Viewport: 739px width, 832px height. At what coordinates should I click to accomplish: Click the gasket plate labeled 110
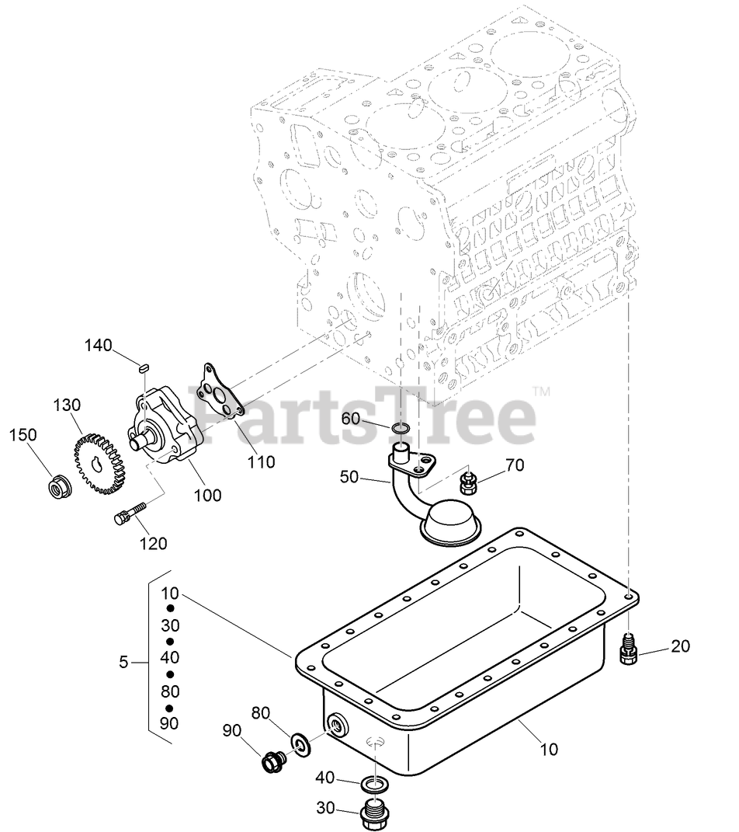click(220, 392)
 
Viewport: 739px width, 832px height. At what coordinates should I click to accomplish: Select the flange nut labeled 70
click(467, 482)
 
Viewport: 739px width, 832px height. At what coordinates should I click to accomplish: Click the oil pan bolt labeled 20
click(629, 648)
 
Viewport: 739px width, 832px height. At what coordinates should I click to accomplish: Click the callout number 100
click(207, 494)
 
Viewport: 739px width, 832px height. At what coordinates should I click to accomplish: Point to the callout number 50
click(349, 476)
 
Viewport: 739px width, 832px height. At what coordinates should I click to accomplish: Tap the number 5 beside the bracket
click(123, 662)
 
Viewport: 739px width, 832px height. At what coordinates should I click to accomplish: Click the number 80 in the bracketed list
click(170, 691)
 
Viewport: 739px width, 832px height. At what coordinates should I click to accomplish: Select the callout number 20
click(680, 646)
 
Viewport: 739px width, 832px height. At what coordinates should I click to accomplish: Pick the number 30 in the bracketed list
click(170, 625)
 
